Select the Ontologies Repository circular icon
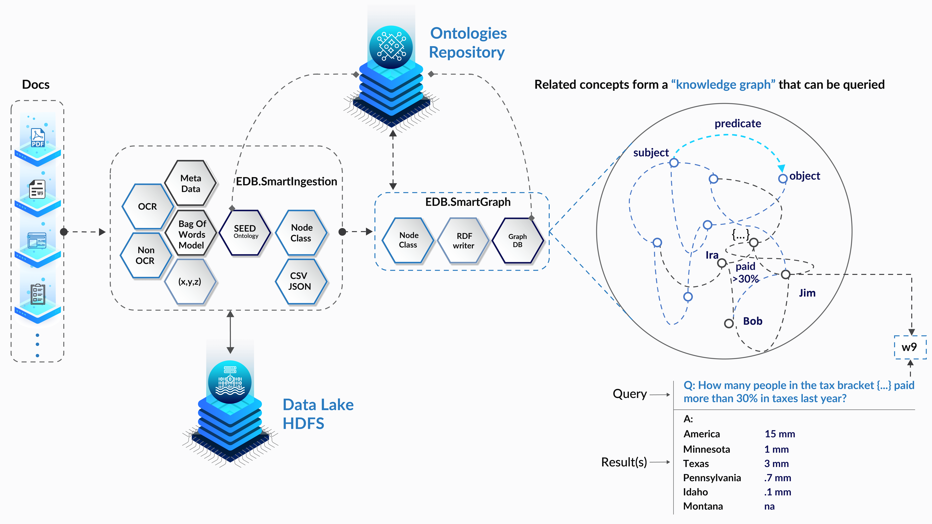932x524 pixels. point(391,47)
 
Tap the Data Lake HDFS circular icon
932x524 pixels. point(230,382)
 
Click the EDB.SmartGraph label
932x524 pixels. point(468,202)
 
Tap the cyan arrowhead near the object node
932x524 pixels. point(781,168)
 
